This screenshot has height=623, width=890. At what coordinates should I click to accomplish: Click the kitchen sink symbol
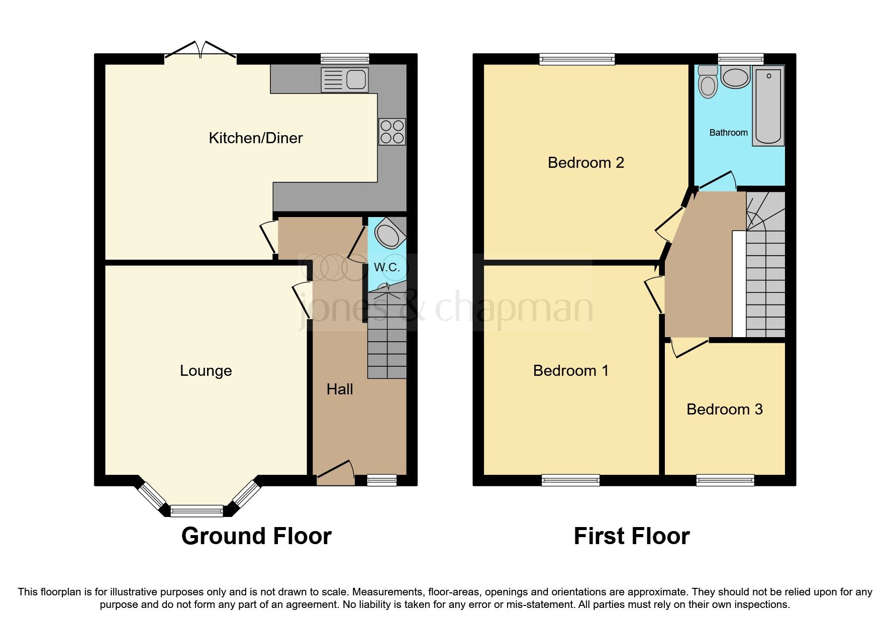click(345, 80)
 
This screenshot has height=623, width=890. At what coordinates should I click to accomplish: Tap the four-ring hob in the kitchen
click(392, 132)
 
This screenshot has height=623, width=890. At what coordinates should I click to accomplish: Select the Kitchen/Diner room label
click(255, 138)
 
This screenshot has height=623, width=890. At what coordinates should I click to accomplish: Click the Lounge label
click(206, 371)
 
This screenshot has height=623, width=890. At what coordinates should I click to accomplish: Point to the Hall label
click(340, 389)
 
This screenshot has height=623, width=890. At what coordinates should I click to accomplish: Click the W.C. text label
click(386, 267)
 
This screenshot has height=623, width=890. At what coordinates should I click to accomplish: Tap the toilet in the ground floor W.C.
click(389, 234)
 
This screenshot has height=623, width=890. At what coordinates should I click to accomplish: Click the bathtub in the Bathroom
click(768, 107)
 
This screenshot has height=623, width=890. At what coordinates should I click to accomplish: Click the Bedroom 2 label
click(585, 163)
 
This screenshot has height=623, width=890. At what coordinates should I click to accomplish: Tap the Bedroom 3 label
click(724, 409)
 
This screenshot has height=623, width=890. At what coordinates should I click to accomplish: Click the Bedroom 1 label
click(570, 371)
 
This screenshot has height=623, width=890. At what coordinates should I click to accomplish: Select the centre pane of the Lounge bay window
click(196, 511)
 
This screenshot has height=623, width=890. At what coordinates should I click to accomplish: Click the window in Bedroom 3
click(725, 480)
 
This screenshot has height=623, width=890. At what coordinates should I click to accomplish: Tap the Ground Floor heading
click(256, 536)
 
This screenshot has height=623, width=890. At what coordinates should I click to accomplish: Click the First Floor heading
click(631, 536)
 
